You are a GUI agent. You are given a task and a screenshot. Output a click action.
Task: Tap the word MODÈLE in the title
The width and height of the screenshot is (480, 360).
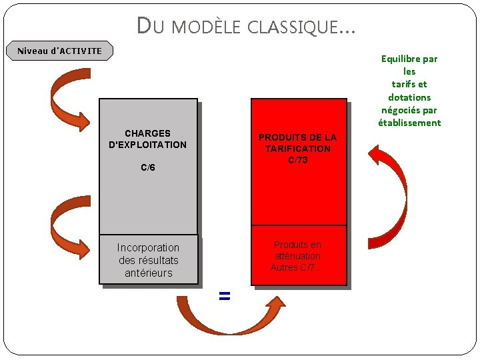[209, 27]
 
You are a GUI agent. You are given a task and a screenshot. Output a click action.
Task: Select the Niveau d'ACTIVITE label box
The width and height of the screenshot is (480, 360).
[60, 51]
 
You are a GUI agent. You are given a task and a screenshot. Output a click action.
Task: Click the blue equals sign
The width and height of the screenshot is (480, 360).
[225, 296]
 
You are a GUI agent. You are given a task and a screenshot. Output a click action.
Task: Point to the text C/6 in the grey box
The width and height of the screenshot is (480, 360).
[148, 167]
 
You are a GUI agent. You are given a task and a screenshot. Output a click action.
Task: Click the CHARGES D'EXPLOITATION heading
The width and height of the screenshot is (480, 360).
[148, 139]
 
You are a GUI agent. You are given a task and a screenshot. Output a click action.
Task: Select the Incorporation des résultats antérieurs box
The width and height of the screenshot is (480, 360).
[149, 260]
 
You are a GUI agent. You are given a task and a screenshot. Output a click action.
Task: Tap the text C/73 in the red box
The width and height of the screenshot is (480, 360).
[298, 160]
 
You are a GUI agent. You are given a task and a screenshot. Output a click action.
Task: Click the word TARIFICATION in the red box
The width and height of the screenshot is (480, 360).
[298, 149]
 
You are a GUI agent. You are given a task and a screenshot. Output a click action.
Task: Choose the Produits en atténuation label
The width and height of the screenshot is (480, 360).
[297, 251]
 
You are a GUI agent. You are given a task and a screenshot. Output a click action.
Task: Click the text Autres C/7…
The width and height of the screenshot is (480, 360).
[296, 267]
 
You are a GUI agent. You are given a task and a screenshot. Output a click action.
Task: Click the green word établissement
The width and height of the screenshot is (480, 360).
[409, 123]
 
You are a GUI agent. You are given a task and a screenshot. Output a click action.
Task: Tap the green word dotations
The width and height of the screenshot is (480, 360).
[409, 97]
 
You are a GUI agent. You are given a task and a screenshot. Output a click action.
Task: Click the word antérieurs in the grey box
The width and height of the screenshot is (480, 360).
[149, 273]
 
